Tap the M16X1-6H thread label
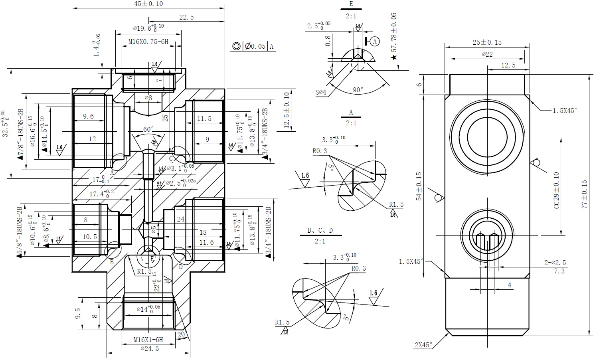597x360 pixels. pyautogui.click(x=148, y=340)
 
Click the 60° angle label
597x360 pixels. pyautogui.click(x=148, y=129)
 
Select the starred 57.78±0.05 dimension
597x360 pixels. pyautogui.click(x=394, y=36)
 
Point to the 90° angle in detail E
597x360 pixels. pyautogui.click(x=358, y=90)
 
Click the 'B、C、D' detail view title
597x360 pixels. pyautogui.click(x=320, y=230)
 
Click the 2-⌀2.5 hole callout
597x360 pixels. pyautogui.click(x=555, y=263)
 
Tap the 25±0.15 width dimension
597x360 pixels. pyautogui.click(x=487, y=42)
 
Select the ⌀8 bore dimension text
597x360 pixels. pyautogui.click(x=148, y=98)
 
